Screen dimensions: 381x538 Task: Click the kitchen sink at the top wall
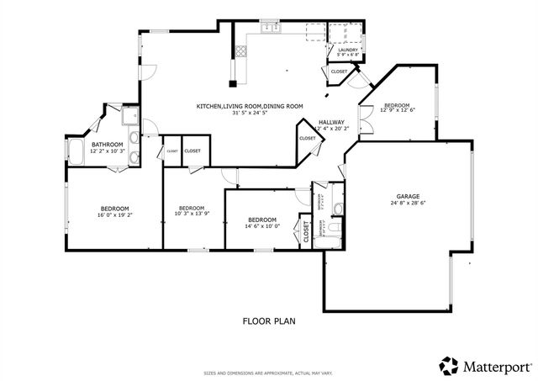tap(272, 30)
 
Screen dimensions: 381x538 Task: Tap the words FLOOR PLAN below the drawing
tap(269, 320)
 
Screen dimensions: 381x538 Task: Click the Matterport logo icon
tap(449, 364)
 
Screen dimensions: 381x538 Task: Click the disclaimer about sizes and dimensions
tap(269, 373)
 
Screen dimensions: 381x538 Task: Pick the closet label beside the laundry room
tap(339, 72)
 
